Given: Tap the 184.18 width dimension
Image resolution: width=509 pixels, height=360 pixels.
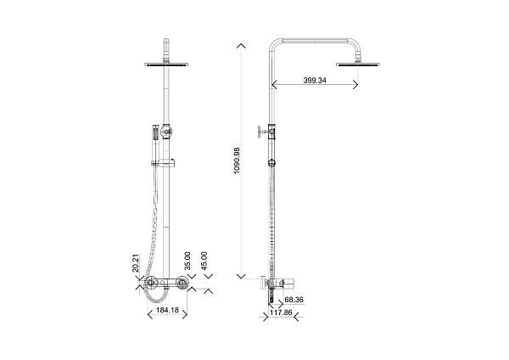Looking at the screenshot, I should point(169,311).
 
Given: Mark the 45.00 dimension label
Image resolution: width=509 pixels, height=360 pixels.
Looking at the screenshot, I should point(204,259).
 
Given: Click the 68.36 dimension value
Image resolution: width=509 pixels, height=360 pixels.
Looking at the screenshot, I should point(295,300).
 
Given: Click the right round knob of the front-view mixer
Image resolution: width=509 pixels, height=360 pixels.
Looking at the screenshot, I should point(187,285).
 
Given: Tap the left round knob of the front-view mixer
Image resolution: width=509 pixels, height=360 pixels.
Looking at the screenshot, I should point(150,285).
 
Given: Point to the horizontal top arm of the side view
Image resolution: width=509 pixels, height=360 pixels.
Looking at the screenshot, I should point(312,39).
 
